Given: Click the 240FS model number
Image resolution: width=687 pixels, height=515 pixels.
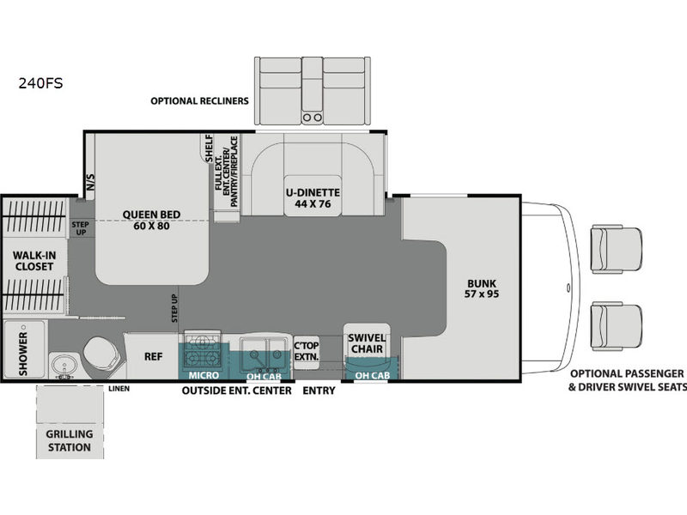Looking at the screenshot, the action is (40, 82).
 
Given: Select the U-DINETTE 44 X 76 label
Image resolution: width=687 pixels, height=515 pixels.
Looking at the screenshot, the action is (313, 198).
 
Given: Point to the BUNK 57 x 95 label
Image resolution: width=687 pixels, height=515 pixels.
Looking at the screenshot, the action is (482, 288).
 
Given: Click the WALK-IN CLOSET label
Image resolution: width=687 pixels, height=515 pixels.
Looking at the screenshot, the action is (34, 261).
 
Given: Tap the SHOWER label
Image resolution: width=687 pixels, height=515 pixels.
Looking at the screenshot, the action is (23, 354).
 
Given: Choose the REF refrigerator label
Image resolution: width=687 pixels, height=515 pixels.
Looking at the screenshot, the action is (154, 356).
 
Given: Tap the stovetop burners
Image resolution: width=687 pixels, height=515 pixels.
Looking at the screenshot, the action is (203, 351).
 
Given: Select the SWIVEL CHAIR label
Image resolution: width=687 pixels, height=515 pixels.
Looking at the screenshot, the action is (367, 343).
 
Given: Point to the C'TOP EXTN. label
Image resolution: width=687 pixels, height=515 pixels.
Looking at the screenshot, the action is (307, 351).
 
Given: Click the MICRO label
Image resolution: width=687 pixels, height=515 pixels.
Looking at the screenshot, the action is (204, 375).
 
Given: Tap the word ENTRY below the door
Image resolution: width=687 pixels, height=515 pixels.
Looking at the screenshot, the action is (319, 391).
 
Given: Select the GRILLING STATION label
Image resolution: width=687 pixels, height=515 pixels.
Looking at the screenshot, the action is (70, 440).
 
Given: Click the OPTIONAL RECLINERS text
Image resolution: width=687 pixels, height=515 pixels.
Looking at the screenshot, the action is (199, 101).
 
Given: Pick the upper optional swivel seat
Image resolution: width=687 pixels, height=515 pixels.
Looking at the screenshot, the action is (616, 249).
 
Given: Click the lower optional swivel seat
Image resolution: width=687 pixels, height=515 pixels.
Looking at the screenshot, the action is (616, 325).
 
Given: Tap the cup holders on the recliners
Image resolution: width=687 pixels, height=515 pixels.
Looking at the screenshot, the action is (313, 118).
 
